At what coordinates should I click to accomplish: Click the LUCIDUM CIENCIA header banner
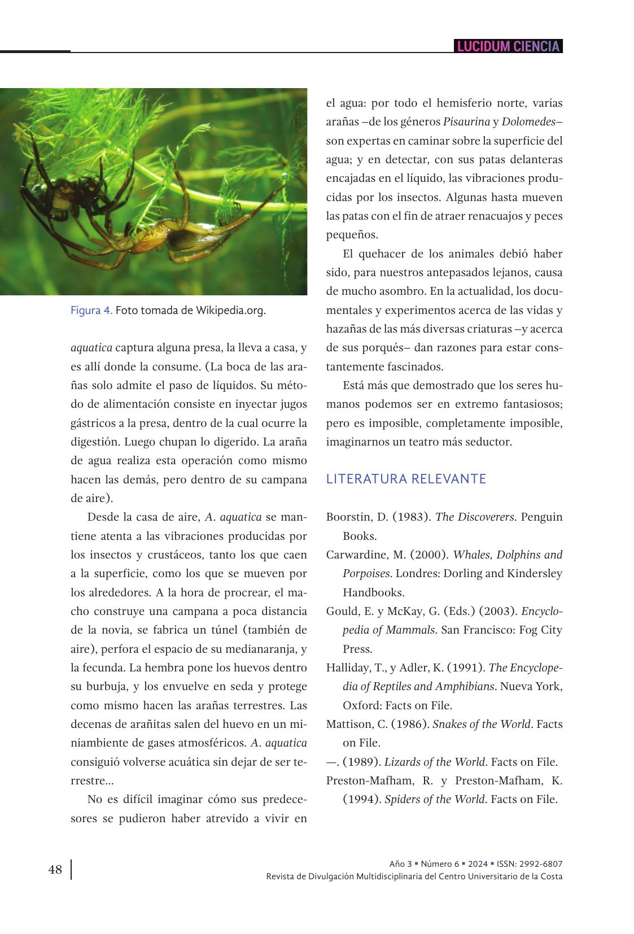[508, 46]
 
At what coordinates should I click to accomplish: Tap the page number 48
[55, 870]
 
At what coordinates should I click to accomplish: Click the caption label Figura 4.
[91, 311]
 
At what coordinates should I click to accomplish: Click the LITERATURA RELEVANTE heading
[406, 479]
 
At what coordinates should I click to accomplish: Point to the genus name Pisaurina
[466, 122]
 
